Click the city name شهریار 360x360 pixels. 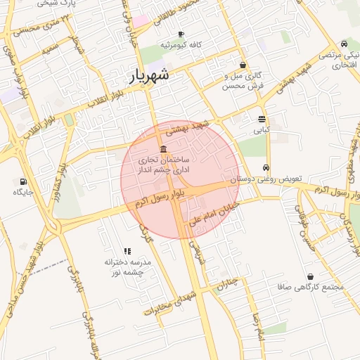(149, 77)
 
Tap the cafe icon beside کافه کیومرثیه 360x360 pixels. (181, 34)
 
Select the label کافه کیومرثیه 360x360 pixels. (181, 44)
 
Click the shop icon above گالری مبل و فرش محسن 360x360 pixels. (243, 65)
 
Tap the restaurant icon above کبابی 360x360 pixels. (262, 119)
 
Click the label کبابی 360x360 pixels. (261, 130)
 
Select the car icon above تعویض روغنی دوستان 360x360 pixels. (265, 168)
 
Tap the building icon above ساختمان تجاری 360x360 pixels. (163, 149)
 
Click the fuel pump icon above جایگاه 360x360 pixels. (23, 181)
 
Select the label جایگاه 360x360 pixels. (23, 192)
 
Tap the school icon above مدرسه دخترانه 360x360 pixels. (127, 250)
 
